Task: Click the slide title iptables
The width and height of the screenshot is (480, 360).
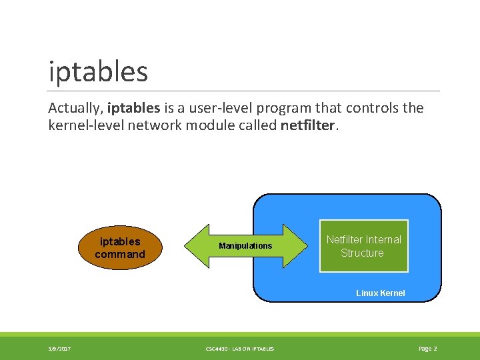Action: coord(98,71)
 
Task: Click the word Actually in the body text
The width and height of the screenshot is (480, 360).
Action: coord(75,108)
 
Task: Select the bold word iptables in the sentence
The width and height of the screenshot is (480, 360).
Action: coord(133,108)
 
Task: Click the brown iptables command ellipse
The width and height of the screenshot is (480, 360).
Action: coord(120,247)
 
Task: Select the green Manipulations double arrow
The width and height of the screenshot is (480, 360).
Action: coord(246,246)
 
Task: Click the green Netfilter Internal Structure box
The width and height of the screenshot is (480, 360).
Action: coord(363,246)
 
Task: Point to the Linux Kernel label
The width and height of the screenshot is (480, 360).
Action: coord(380,293)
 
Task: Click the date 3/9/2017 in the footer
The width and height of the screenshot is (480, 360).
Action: coord(60,349)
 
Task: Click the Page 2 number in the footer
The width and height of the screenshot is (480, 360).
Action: coord(427,349)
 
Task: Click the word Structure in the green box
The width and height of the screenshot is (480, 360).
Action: coord(362,253)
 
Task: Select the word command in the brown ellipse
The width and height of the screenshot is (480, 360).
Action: coord(120,254)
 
